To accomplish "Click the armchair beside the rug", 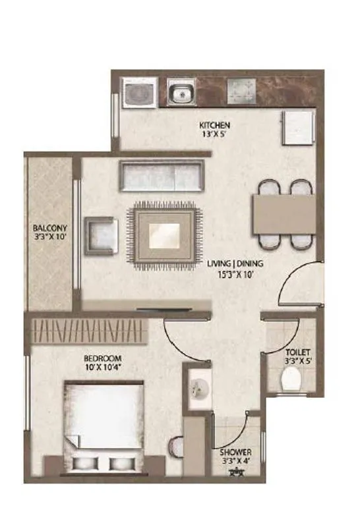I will point(102,235).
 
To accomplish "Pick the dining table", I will point(282,215).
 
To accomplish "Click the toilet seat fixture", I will point(290,380).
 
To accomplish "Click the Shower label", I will point(234,453).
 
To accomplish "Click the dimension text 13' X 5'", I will point(215,135).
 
